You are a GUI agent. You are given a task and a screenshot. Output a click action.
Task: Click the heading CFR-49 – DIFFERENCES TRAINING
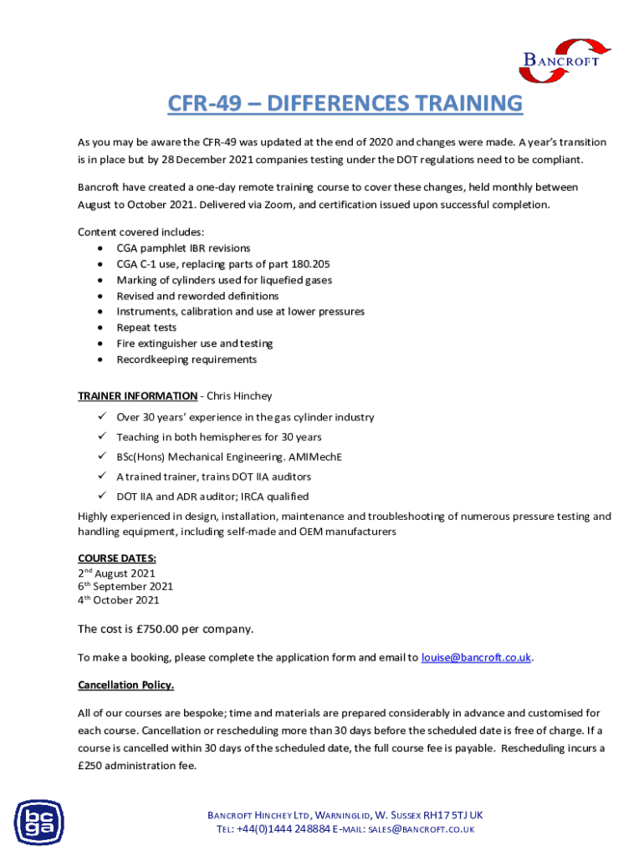[344, 104]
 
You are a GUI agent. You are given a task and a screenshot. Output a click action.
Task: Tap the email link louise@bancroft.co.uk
[476, 657]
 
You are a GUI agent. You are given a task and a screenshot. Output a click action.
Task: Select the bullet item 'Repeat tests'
[146, 328]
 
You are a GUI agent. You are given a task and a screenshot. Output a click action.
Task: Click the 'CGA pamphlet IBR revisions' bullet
[183, 248]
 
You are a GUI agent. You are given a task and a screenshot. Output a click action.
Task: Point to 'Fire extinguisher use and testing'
[194, 344]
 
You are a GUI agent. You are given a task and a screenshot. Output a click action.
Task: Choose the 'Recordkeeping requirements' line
[187, 359]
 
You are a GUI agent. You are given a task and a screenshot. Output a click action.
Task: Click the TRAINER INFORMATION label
[137, 395]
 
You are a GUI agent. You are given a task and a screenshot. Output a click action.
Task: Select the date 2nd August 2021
[116, 573]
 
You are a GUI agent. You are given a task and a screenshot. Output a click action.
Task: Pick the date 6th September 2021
[125, 586]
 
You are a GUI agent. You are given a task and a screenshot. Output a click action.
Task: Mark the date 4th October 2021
[118, 599]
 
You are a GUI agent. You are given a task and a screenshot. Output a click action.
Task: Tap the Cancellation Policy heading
[125, 685]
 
